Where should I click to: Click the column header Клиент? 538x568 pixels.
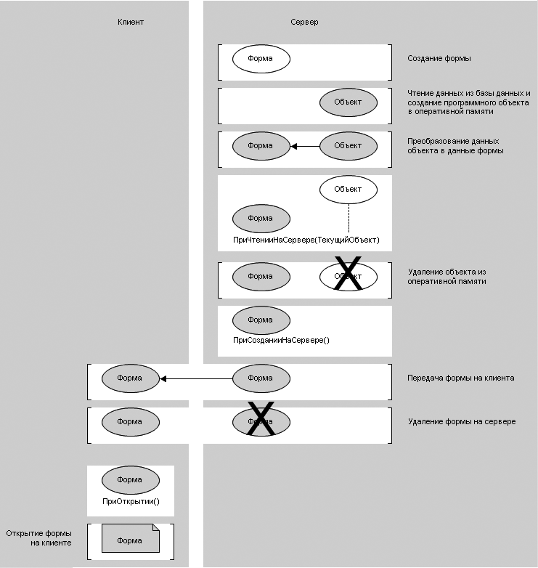[x=131, y=22]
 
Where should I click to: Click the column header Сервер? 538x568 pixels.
[x=304, y=22]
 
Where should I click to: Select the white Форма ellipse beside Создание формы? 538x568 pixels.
[x=261, y=59]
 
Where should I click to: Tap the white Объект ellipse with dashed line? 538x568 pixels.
[x=348, y=190]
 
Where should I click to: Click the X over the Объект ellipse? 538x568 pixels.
[x=348, y=275]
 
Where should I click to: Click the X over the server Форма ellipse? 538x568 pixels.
[x=261, y=420]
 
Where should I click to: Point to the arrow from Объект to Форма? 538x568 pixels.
[x=305, y=146]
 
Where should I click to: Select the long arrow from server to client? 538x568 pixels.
[x=196, y=378]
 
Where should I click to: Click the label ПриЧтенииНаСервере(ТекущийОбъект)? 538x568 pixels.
[x=306, y=240]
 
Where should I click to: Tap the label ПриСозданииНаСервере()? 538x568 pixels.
[x=281, y=339]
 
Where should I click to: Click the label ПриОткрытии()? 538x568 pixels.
[x=131, y=501]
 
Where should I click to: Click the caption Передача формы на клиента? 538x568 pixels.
[x=461, y=378]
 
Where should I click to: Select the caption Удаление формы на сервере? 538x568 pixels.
[x=462, y=421]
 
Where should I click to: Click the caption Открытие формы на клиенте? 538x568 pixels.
[x=39, y=538]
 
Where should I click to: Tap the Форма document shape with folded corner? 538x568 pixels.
[x=130, y=540]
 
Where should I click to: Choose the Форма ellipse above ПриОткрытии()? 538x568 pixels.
[x=130, y=480]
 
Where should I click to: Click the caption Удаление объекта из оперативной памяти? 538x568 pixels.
[x=446, y=276]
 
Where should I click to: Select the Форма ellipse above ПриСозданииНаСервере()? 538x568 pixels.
[x=261, y=320]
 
